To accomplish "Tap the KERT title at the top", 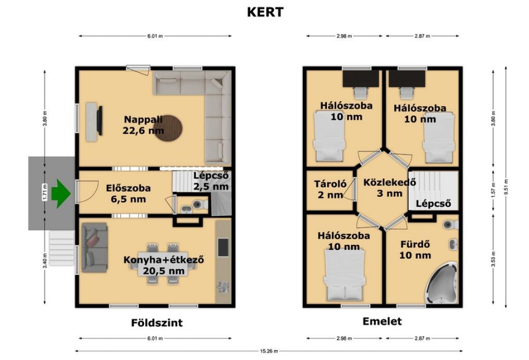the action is click(x=265, y=12).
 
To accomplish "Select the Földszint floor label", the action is click(x=157, y=322).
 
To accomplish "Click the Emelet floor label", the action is click(x=382, y=321).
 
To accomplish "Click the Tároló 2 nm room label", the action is click(x=330, y=189).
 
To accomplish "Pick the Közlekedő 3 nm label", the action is click(x=390, y=188).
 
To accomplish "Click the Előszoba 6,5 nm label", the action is click(x=128, y=194).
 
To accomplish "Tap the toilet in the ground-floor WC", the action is click(x=200, y=204).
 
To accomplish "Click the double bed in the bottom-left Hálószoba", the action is click(x=344, y=275).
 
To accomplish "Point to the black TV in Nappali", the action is click(x=100, y=120).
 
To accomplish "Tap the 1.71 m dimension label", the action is click(x=44, y=192).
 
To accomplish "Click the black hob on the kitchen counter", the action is click(x=223, y=247).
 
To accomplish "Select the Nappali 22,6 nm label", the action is click(x=144, y=125).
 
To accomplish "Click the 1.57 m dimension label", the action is click(x=493, y=192).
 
